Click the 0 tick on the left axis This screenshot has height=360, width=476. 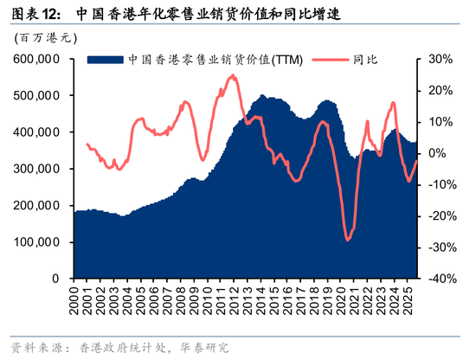(55, 279)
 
